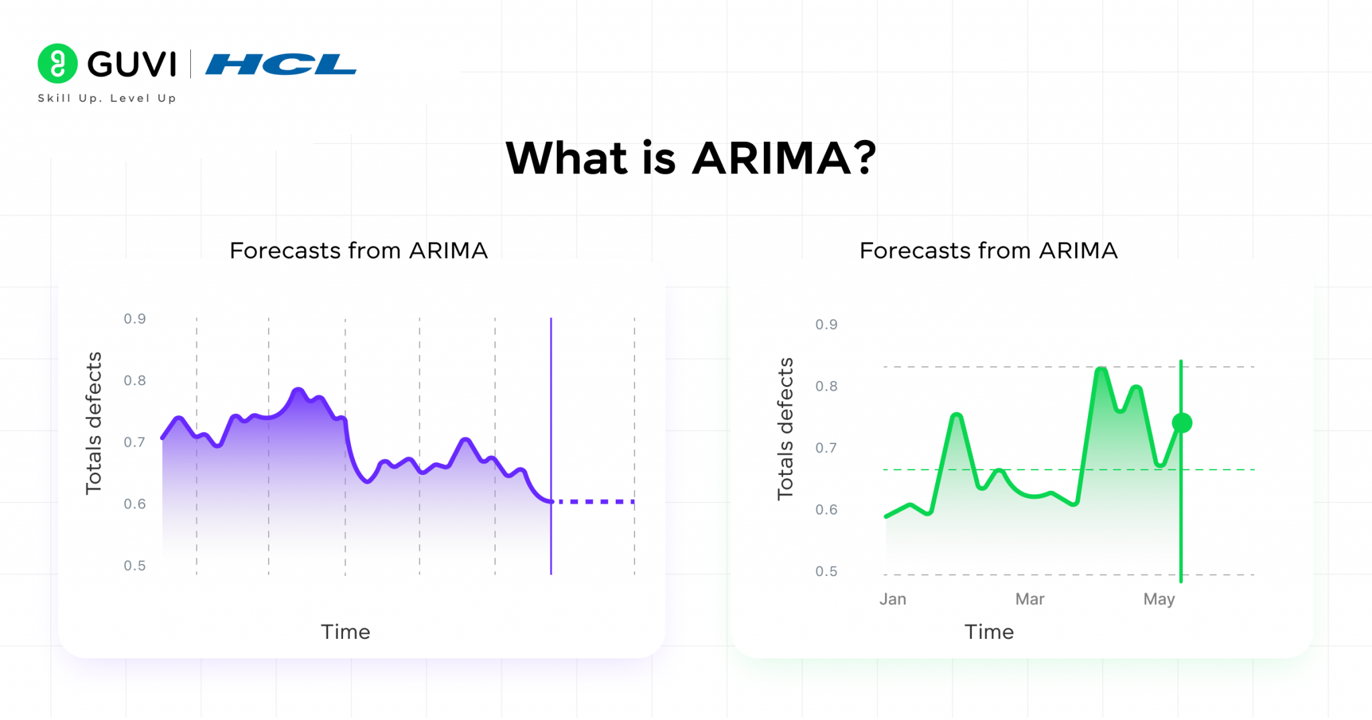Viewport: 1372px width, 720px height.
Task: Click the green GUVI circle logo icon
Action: [58, 64]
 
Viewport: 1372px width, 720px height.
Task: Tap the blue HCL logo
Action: [281, 64]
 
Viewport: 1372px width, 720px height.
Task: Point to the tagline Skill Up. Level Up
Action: [107, 98]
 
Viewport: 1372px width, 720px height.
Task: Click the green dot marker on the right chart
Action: [1182, 423]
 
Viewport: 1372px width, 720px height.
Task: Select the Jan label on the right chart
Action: [892, 599]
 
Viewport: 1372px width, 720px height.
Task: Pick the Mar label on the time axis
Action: [1030, 599]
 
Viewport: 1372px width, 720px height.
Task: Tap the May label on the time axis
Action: [1159, 599]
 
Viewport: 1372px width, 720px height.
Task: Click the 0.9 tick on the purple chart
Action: [135, 319]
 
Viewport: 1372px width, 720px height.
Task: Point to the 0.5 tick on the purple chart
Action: [135, 566]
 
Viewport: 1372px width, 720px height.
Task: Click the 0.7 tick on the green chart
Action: [826, 448]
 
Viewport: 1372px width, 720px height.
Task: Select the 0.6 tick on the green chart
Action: [826, 510]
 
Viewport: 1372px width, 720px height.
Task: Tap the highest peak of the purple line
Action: [298, 390]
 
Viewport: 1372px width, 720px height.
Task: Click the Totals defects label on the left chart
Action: [94, 423]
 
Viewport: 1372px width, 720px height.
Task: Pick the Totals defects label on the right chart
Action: [785, 429]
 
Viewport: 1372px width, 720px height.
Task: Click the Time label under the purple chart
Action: [345, 632]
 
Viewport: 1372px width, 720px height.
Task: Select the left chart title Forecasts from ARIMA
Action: [358, 250]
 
